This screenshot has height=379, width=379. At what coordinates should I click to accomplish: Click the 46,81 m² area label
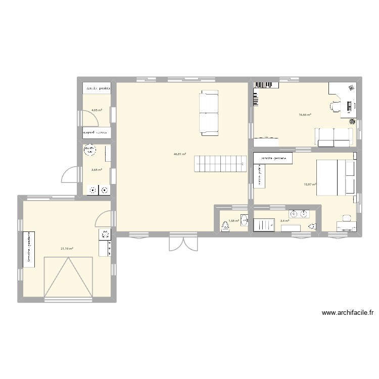coord(180,154)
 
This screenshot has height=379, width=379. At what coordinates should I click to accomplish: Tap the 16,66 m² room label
coord(305,115)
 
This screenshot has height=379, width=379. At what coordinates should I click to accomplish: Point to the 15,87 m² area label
coord(310,184)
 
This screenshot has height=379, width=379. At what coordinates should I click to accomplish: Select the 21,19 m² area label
coord(67,249)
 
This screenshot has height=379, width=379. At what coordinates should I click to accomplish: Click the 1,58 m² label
coord(233,220)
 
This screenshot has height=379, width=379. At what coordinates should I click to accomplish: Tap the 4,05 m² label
coord(97,110)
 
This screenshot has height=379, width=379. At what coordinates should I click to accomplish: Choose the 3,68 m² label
coord(97,170)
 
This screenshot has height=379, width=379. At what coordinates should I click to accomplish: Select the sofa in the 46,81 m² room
coord(209,113)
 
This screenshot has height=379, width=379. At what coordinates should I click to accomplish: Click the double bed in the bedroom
coord(336,177)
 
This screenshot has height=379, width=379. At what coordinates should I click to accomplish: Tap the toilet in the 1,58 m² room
coord(224,226)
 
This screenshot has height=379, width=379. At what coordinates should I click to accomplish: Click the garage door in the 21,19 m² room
coord(69,278)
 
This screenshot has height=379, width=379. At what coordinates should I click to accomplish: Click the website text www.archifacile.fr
coord(343,313)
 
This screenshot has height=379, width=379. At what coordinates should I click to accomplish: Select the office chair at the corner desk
coord(336,106)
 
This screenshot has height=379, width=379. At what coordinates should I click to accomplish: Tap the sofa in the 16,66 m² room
coord(334,136)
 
